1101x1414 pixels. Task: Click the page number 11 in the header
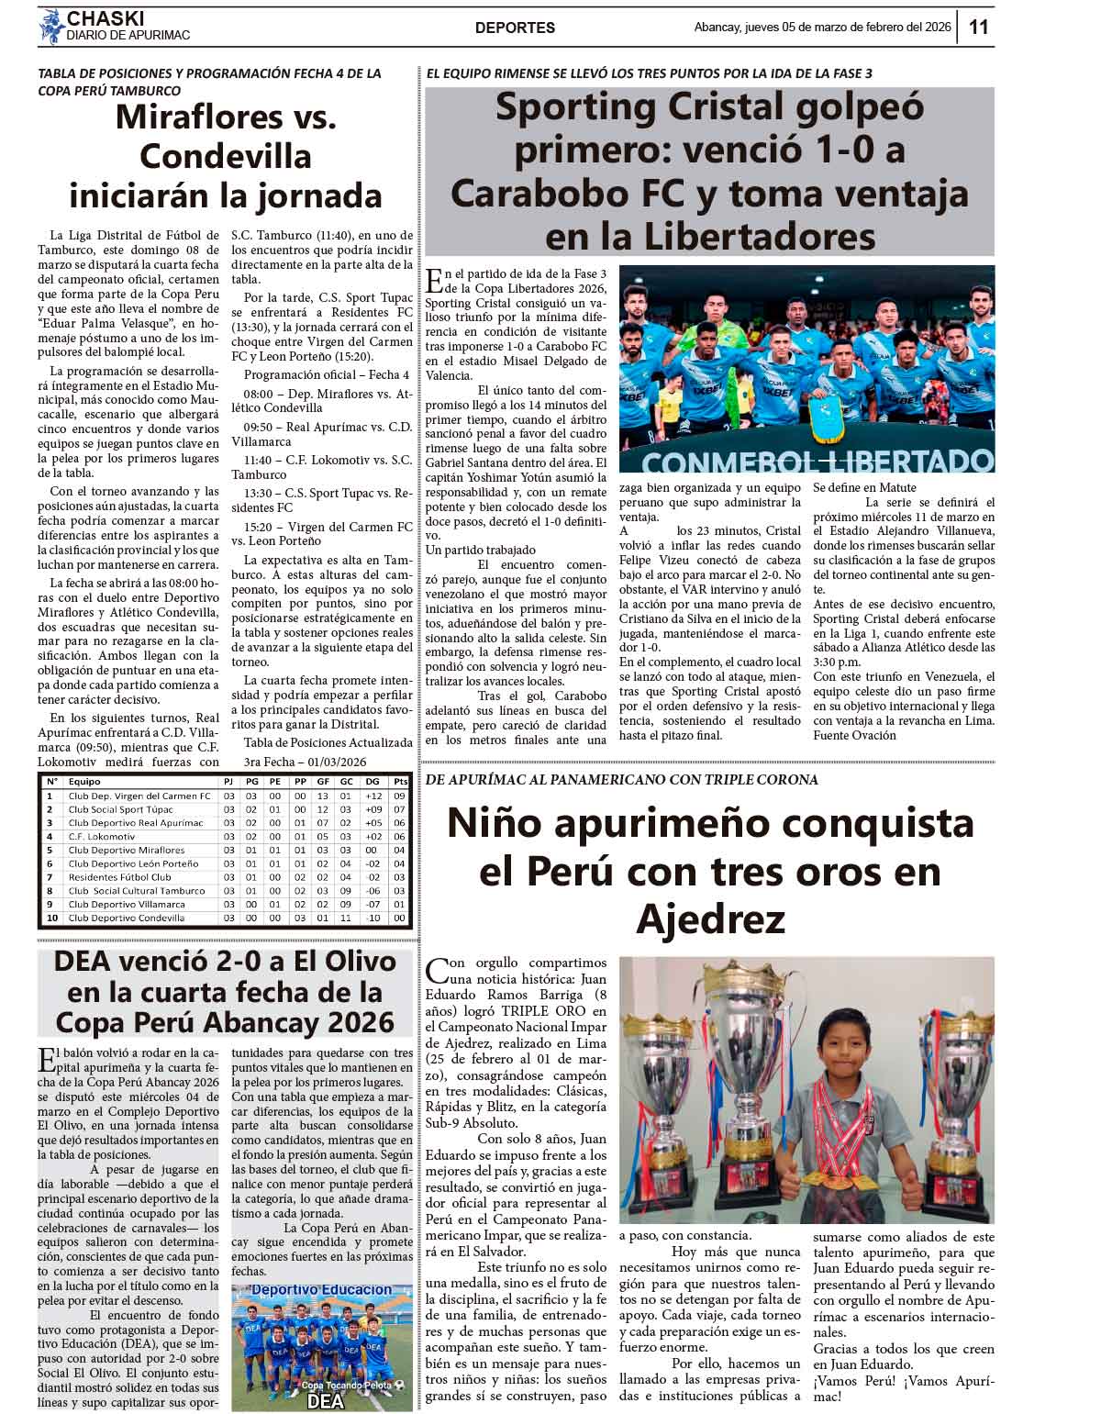pyautogui.click(x=979, y=28)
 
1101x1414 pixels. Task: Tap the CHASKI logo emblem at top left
pyautogui.click(x=50, y=27)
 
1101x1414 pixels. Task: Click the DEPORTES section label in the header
pyautogui.click(x=515, y=28)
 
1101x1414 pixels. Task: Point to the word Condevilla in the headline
pyautogui.click(x=226, y=156)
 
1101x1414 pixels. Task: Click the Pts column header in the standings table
pyautogui.click(x=400, y=781)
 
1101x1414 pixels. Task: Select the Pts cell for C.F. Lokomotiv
pyautogui.click(x=400, y=837)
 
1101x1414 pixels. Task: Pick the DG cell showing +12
pyautogui.click(x=373, y=796)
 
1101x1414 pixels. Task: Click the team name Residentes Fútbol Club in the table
pyautogui.click(x=119, y=877)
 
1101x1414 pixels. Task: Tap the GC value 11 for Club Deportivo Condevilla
pyautogui.click(x=345, y=918)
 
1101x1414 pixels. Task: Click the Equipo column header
pyautogui.click(x=85, y=781)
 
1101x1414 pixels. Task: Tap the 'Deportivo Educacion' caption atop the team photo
pyautogui.click(x=322, y=1290)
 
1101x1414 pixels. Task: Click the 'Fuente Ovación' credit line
pyautogui.click(x=855, y=735)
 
